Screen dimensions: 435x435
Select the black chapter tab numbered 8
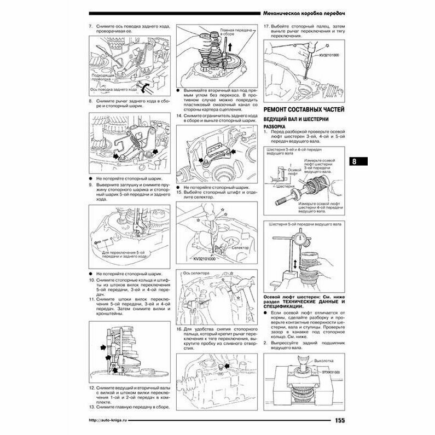[x=356, y=161]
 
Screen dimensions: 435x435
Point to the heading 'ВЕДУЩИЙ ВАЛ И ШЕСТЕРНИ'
[x=294, y=120]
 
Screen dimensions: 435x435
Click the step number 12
[x=91, y=387]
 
